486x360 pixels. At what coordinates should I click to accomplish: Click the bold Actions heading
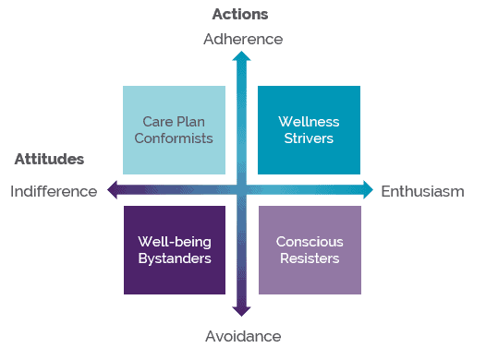[x=240, y=14]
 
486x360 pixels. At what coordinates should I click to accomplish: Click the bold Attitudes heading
[x=49, y=159]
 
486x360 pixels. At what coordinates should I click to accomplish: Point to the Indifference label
[x=54, y=191]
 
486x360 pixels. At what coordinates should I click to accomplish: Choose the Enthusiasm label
[x=422, y=191]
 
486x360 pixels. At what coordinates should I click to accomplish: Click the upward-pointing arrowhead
[x=241, y=58]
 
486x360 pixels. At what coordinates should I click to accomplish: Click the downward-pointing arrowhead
[x=241, y=312]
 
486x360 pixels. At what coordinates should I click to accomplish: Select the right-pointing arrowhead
[x=367, y=190]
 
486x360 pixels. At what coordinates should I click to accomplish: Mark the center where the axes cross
[x=241, y=190]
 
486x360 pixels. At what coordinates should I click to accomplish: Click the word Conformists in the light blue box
[x=174, y=138]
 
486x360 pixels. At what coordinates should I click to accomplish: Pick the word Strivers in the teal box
[x=309, y=138]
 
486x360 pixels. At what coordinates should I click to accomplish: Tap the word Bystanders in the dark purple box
[x=174, y=258]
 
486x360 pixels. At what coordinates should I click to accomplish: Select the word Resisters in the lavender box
[x=309, y=258]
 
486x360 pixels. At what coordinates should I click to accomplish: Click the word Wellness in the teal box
[x=309, y=122]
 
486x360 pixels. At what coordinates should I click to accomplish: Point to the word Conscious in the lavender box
[x=309, y=242]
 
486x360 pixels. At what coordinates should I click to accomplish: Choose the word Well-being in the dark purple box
[x=174, y=242]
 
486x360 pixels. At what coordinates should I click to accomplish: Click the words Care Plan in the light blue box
[x=174, y=122]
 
